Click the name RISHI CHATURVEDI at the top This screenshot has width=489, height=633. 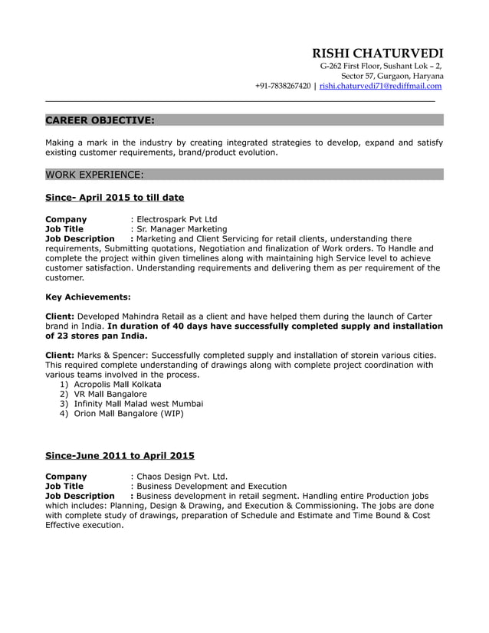pos(377,53)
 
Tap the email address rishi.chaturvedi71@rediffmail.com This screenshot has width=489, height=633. pos(380,87)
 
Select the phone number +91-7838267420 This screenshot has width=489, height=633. pos(283,87)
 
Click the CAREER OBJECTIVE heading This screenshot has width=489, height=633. pos(100,120)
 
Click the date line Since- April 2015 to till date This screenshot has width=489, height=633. pos(114,198)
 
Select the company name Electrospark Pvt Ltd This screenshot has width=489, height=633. pos(176,219)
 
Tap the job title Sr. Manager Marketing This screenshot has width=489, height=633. pos(181,229)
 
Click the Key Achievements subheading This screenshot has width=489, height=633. pos(88,297)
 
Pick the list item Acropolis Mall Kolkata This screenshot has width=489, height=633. pos(117,384)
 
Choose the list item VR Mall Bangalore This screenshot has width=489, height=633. pos(110,394)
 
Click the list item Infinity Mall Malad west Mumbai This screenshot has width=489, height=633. pos(138,404)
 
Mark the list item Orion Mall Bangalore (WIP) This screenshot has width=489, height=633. pos(129,414)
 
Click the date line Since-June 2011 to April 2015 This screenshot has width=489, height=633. pos(120,455)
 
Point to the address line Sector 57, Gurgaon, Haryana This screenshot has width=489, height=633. pos(392,76)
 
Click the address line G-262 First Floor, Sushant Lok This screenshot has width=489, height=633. pos(379,66)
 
